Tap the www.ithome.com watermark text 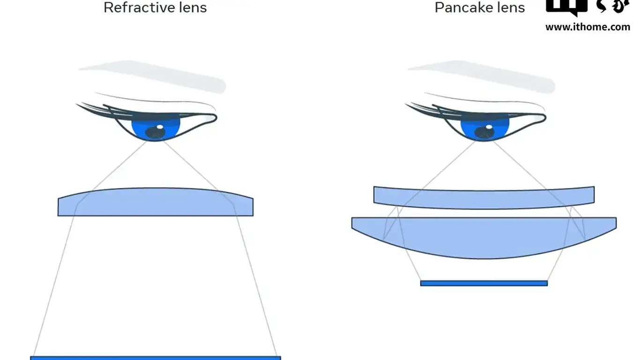(x=588, y=27)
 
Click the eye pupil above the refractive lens (x=155, y=133)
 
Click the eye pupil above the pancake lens (x=484, y=133)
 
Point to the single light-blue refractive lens (x=156, y=202)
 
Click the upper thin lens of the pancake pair (x=484, y=197)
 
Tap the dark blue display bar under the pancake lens (x=484, y=283)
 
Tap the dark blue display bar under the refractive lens (x=156, y=358)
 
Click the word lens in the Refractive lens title (x=192, y=7)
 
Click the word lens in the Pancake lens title (x=511, y=7)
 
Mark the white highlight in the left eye (x=160, y=127)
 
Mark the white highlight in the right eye (x=489, y=127)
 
